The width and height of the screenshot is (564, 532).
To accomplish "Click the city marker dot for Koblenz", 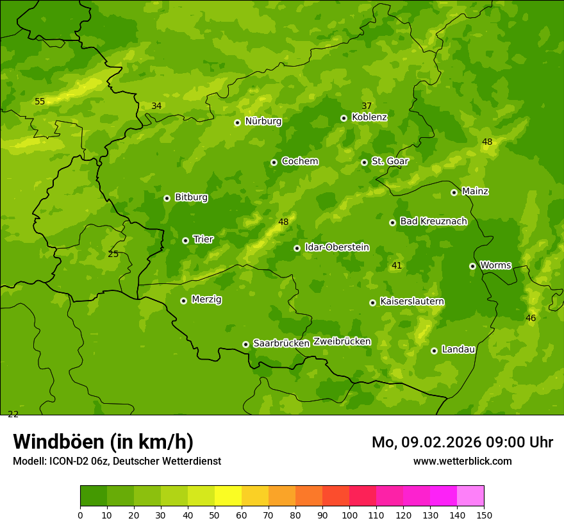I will [344, 118].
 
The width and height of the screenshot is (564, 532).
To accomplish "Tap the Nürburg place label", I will [263, 121].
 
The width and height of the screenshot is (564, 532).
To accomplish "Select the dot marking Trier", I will [185, 240].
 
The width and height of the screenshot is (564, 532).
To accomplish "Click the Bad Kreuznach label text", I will [433, 221].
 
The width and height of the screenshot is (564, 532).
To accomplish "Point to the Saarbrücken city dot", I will [245, 344].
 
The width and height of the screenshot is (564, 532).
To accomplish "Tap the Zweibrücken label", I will [342, 342].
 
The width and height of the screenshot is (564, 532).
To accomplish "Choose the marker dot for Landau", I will [434, 351].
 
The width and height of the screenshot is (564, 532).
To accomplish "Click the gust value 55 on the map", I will [40, 102].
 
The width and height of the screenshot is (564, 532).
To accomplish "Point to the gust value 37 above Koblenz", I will [367, 106].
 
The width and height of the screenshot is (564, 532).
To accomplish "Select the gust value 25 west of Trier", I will [113, 254].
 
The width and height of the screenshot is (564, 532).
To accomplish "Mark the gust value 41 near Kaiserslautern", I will [397, 265].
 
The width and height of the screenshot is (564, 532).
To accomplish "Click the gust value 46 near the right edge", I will [531, 318].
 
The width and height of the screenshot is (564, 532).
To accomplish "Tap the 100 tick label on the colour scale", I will [349, 515].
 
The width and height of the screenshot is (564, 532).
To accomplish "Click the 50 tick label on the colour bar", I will [215, 515].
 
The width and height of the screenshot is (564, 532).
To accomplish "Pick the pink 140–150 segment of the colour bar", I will [470, 496].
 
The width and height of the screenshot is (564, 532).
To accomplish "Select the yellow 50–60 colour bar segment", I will [228, 496].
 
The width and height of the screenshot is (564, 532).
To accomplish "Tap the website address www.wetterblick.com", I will [462, 461].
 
